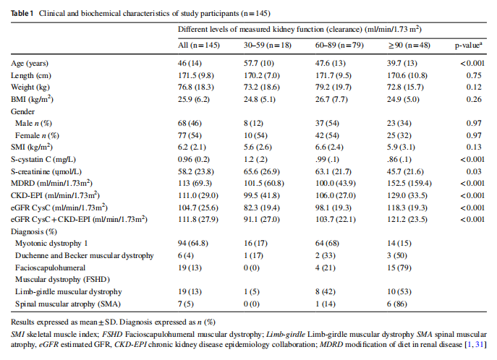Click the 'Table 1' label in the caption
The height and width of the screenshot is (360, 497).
coord(22,13)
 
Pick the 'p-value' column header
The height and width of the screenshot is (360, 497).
coord(469,45)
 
